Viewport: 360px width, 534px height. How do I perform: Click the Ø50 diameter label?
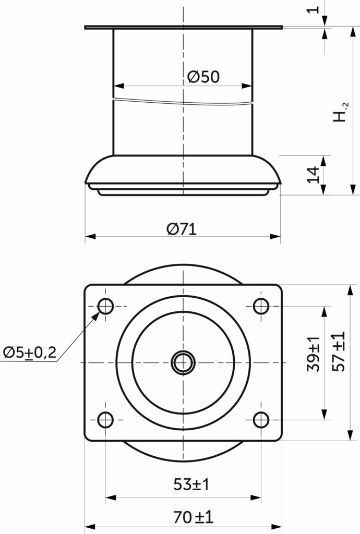[203, 77]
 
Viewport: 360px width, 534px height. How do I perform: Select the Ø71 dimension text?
[182, 229]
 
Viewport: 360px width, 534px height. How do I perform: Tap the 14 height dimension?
[314, 175]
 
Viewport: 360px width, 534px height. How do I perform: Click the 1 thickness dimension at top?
[314, 9]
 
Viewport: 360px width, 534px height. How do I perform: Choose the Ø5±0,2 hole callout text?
[30, 353]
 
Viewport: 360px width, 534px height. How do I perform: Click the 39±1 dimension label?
[314, 354]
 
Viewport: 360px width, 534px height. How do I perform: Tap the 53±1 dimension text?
[191, 484]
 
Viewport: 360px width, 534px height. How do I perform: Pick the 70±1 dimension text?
[193, 517]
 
